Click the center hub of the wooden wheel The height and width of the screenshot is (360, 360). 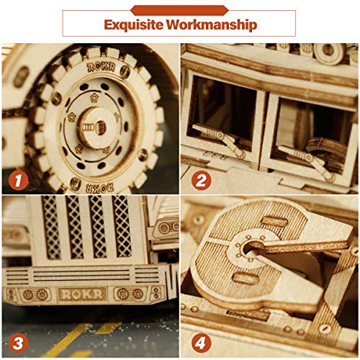[x=91, y=122]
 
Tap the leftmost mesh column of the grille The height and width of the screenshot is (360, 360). [x=51, y=227]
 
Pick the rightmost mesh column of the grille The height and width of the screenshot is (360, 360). [x=123, y=227]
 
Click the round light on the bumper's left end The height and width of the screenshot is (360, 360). [x=29, y=294]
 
